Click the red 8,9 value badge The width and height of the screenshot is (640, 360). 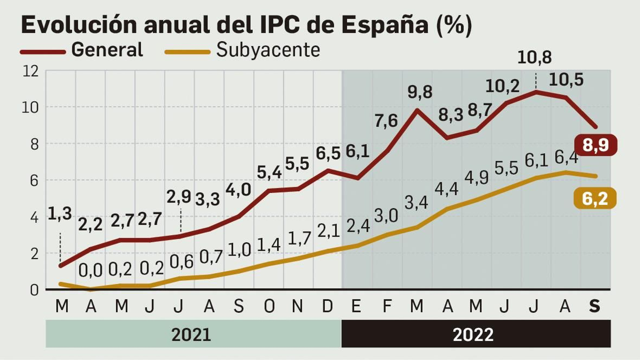(x=596, y=145)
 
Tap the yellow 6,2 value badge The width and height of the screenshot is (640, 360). (x=595, y=199)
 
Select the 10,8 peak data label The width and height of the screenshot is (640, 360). (x=534, y=58)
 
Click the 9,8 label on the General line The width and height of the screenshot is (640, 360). (x=420, y=92)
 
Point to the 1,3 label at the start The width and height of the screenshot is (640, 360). (x=60, y=214)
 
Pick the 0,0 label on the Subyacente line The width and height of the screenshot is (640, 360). (x=90, y=271)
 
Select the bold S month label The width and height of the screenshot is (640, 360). (x=595, y=306)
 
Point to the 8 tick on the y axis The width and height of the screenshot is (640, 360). (x=34, y=144)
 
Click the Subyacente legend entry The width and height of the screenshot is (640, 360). (x=268, y=50)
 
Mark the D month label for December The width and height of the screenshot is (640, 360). (x=327, y=306)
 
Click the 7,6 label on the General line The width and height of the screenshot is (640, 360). (x=386, y=121)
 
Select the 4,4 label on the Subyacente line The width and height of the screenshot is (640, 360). (x=446, y=189)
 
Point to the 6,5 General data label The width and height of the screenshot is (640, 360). (x=328, y=154)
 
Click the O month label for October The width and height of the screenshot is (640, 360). (x=269, y=306)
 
